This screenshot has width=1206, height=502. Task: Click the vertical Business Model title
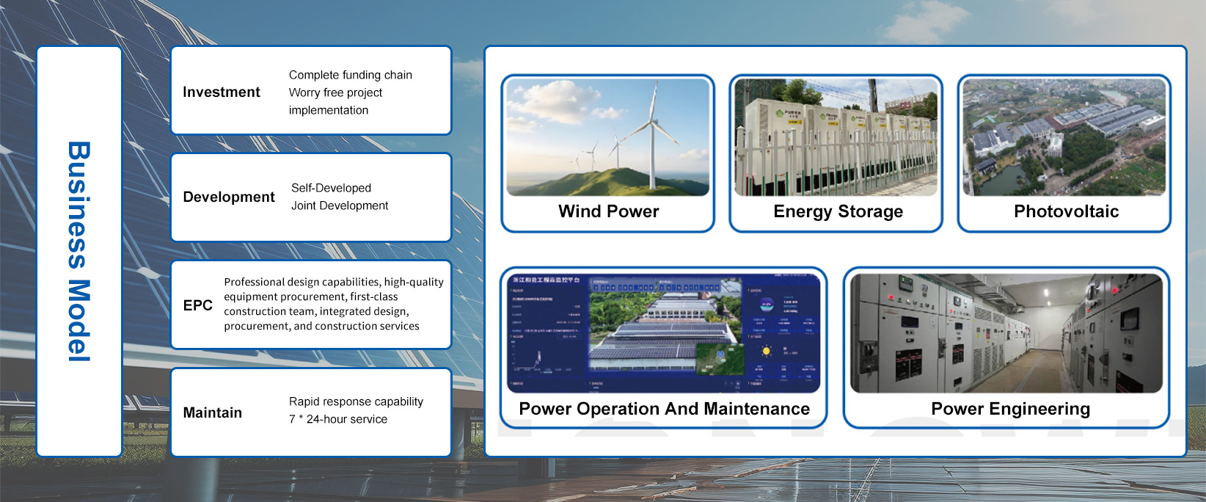(79, 251)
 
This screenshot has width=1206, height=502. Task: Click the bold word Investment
(221, 92)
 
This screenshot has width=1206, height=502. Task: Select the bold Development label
(228, 197)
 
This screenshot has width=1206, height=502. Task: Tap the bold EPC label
(197, 305)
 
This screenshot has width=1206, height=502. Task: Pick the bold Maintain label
(212, 412)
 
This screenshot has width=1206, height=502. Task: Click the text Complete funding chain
(350, 75)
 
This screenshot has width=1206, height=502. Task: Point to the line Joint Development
(339, 205)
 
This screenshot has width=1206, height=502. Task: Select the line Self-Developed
(331, 188)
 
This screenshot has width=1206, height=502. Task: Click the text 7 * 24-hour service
(337, 419)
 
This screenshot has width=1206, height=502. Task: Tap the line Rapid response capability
(356, 401)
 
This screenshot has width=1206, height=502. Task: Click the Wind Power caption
(608, 211)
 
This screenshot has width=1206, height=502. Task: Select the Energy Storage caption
(838, 211)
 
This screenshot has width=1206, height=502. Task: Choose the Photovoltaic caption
(1066, 211)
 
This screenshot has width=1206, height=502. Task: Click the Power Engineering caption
(1010, 409)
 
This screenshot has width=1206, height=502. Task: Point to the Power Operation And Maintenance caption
(664, 409)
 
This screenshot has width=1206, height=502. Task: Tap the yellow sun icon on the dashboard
(766, 352)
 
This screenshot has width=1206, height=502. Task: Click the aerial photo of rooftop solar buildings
(1064, 137)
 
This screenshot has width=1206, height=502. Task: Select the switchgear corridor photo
(1006, 333)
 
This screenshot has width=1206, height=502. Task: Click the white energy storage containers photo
(836, 137)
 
